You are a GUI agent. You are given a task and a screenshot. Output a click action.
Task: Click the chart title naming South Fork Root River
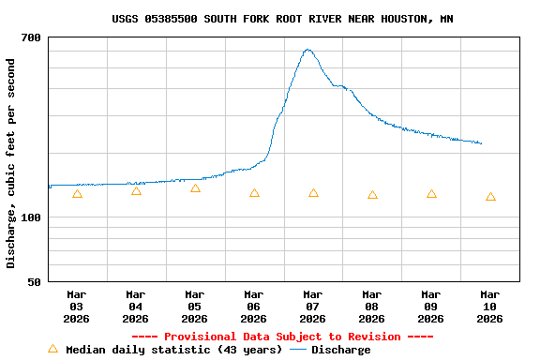click(x=282, y=19)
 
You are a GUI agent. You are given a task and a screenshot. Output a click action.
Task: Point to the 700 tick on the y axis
click(x=31, y=37)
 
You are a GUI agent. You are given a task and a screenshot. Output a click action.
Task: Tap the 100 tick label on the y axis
click(x=31, y=217)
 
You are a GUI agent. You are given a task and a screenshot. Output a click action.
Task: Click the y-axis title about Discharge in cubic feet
click(x=11, y=163)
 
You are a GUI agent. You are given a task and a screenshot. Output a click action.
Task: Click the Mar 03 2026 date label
click(x=77, y=307)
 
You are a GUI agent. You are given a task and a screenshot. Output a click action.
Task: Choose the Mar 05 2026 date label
click(x=195, y=307)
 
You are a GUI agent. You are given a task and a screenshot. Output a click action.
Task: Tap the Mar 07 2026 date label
click(x=313, y=307)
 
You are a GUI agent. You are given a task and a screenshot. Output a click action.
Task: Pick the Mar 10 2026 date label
click(x=489, y=307)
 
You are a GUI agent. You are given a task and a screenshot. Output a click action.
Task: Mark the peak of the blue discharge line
click(x=307, y=50)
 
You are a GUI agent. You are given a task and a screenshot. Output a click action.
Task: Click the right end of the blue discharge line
click(x=481, y=143)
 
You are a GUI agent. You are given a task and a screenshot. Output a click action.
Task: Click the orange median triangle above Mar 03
click(x=77, y=194)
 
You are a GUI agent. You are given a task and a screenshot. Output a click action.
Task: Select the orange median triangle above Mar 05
click(x=195, y=188)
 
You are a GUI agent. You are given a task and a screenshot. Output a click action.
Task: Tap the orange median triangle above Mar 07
click(x=313, y=193)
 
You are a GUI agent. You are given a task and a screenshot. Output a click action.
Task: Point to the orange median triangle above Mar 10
click(x=490, y=197)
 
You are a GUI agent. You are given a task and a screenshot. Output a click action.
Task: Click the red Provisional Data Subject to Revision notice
click(x=282, y=337)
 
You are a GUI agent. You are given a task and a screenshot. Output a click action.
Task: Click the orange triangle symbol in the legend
click(x=52, y=349)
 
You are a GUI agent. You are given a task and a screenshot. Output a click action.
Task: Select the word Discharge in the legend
click(x=340, y=350)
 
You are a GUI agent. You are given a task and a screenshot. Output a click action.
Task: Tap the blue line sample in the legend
click(x=298, y=350)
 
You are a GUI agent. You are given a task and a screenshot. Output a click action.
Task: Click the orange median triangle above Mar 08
click(x=372, y=195)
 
